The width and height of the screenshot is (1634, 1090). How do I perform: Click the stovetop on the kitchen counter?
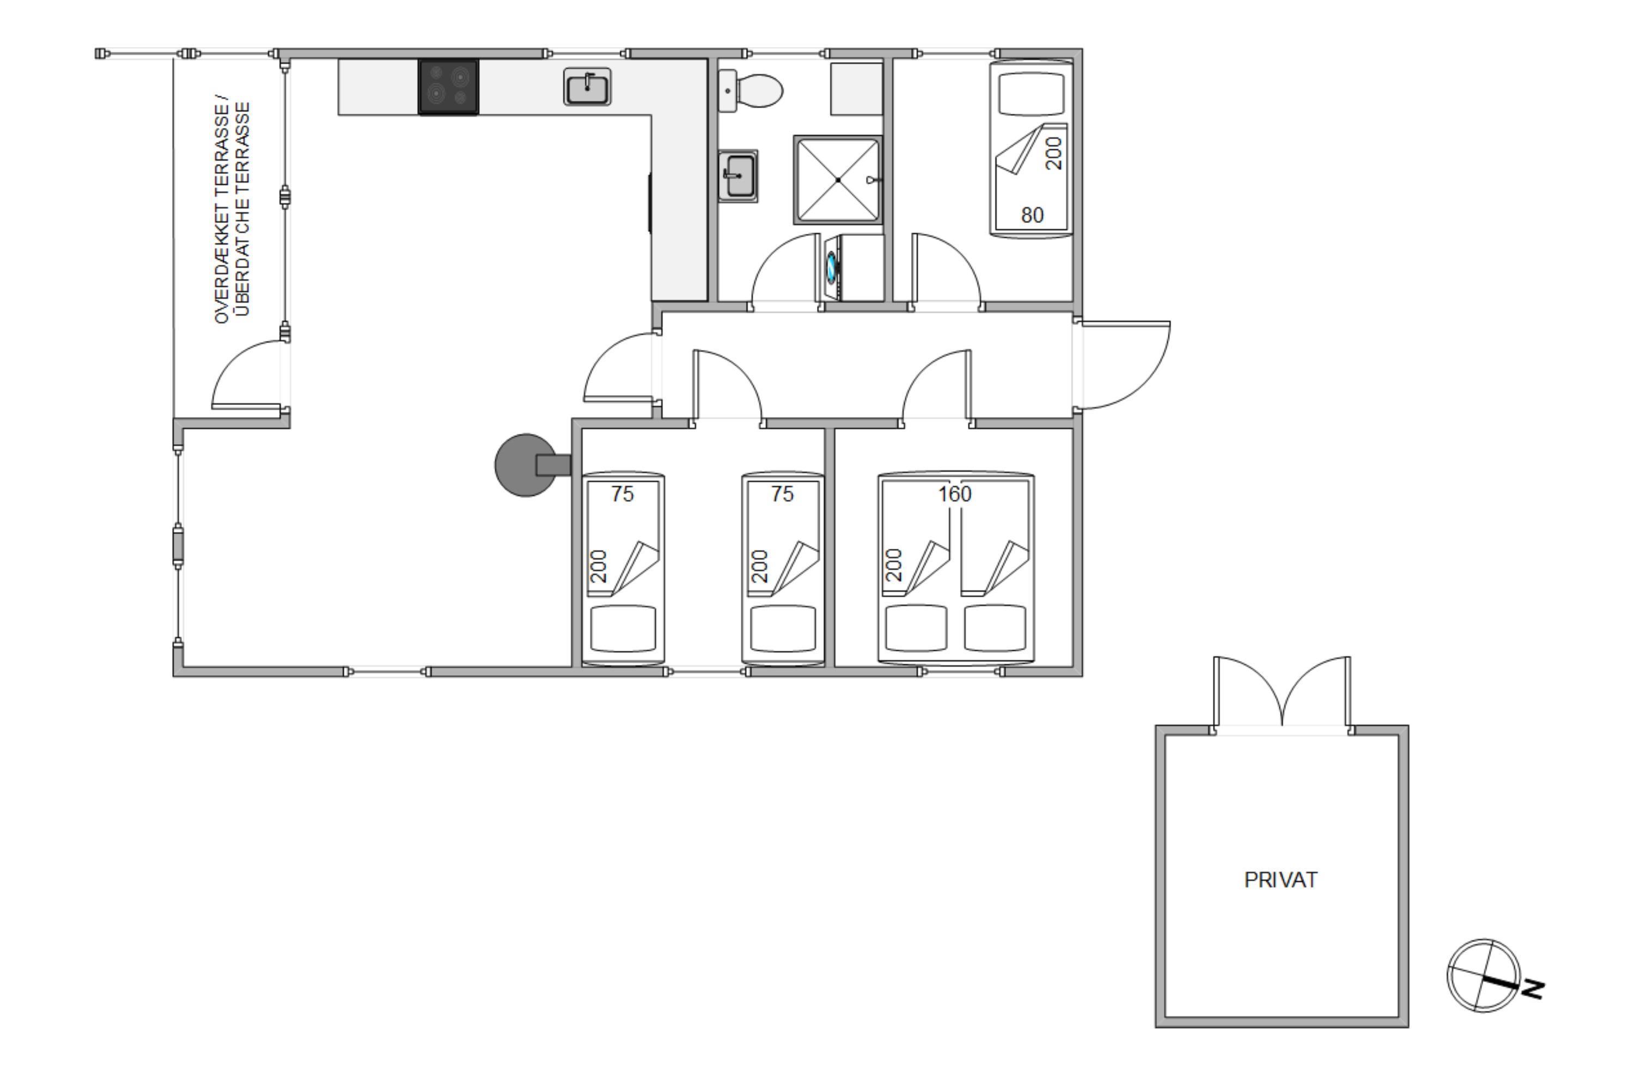[448, 87]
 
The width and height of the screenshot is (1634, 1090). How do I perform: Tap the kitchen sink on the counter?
[587, 87]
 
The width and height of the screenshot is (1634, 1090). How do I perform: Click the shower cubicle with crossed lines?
[838, 180]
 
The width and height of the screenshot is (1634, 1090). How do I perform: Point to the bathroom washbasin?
[738, 176]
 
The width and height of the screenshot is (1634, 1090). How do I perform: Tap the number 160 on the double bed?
[955, 494]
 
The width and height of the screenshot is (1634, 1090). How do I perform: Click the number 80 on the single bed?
[1032, 215]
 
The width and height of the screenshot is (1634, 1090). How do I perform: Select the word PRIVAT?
[1281, 880]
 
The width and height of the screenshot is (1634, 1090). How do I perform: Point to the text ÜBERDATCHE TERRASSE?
[242, 209]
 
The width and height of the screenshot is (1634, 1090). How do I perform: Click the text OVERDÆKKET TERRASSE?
[222, 209]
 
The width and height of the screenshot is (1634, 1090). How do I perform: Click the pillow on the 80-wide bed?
[1031, 94]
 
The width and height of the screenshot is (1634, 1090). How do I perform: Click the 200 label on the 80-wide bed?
[1054, 153]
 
